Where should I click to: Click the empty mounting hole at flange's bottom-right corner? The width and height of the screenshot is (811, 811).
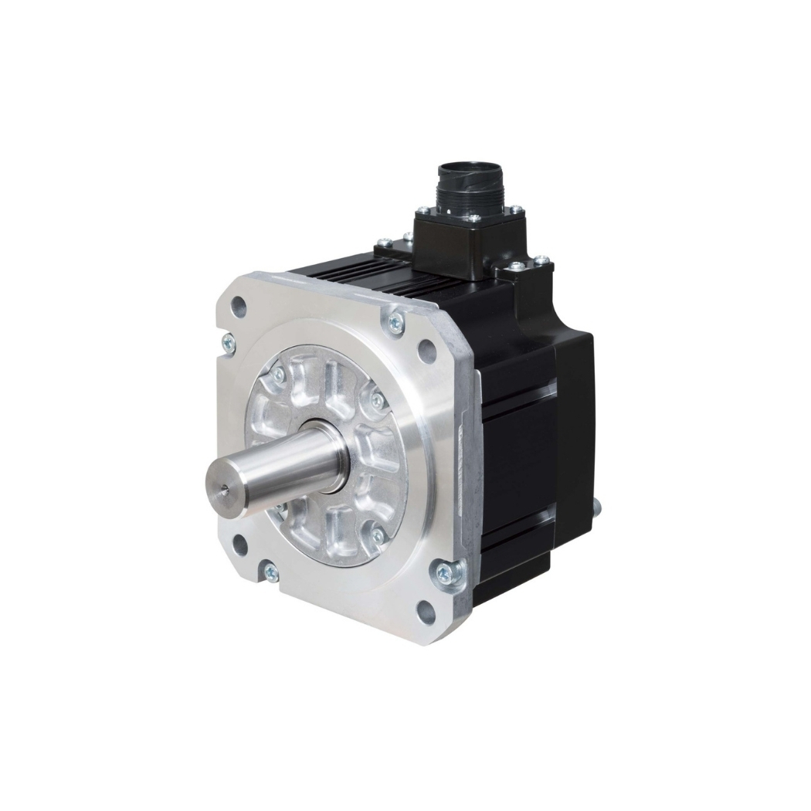(x=424, y=612)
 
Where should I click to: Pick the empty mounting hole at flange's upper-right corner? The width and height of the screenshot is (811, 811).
(x=426, y=349)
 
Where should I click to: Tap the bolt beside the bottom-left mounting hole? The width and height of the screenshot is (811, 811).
(x=270, y=572)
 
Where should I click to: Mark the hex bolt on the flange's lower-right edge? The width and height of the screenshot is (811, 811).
(x=447, y=572)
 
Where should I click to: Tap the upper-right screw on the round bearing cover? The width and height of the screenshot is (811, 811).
(x=377, y=399)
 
